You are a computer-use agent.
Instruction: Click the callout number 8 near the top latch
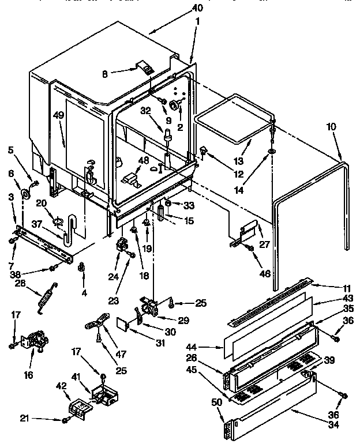point(104,73)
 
